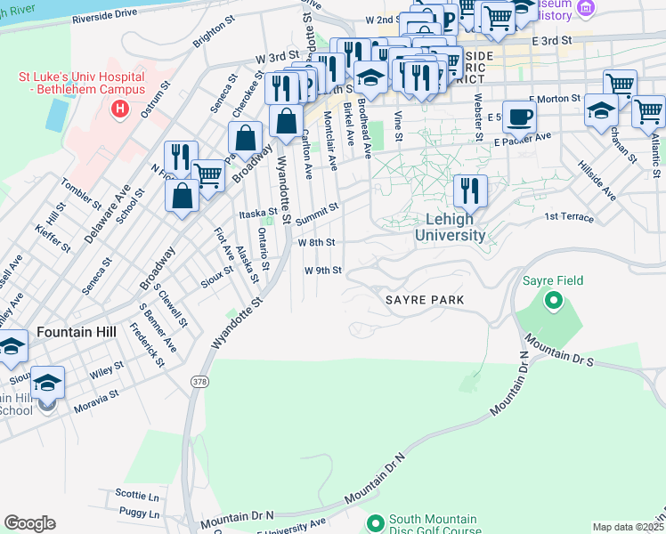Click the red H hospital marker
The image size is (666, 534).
[119, 109]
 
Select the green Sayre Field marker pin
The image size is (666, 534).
[553, 301]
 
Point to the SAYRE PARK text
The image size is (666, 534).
[425, 301]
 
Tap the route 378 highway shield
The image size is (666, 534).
[197, 380]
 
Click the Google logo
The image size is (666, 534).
[29, 523]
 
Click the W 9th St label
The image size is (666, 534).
[322, 271]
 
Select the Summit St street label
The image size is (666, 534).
[317, 212]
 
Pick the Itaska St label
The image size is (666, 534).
[259, 214]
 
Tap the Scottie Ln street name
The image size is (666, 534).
[137, 493]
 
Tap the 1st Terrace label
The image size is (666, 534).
[568, 216]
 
